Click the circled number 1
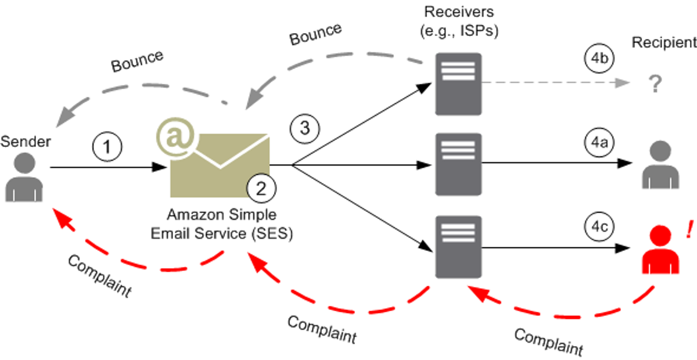click(x=107, y=146)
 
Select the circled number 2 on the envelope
click(x=261, y=188)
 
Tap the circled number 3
click(x=304, y=128)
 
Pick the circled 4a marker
click(x=599, y=142)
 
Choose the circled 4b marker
click(x=599, y=58)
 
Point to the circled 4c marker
click(x=599, y=226)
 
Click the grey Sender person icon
click(x=24, y=177)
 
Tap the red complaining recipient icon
click(x=660, y=250)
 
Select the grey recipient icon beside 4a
click(x=660, y=165)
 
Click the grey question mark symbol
click(x=655, y=84)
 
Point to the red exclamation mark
click(x=689, y=229)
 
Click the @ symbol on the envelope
click(x=175, y=137)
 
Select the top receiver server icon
click(x=458, y=84)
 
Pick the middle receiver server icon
click(x=458, y=164)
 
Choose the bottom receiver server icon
click(x=458, y=247)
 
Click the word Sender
click(x=26, y=142)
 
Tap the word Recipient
click(x=664, y=42)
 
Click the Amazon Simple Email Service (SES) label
click(x=222, y=224)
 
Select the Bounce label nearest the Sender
click(x=137, y=61)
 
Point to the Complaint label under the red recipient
click(x=548, y=342)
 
